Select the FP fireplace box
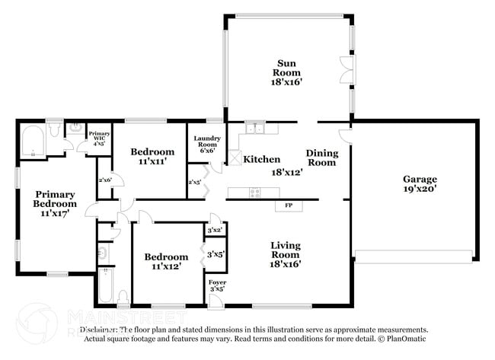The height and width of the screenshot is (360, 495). (289, 205)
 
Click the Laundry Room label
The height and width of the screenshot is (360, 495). (207, 145)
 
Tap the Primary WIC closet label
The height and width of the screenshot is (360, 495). (99, 138)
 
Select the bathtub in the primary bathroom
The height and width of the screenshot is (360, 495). (32, 142)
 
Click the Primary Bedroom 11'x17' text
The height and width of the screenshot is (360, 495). (55, 204)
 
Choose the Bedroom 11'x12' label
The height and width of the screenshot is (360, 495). (166, 262)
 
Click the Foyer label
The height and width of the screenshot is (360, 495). (217, 285)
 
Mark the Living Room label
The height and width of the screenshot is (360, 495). (286, 254)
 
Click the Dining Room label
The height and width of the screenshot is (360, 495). (321, 158)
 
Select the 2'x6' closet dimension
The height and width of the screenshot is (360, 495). (105, 180)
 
